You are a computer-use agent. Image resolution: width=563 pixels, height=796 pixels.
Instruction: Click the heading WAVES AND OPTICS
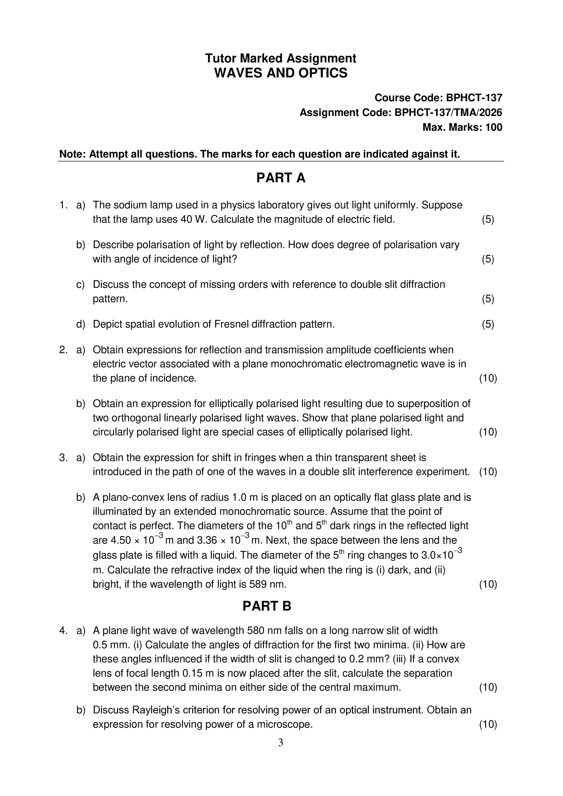tap(281, 73)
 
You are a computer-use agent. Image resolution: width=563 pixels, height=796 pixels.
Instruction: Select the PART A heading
tap(281, 178)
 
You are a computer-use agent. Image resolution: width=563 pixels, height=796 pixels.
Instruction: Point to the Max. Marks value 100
tap(494, 127)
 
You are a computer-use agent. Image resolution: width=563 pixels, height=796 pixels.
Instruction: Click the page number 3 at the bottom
tap(280, 743)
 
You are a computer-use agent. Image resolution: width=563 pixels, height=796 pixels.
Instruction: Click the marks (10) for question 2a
tap(488, 378)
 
